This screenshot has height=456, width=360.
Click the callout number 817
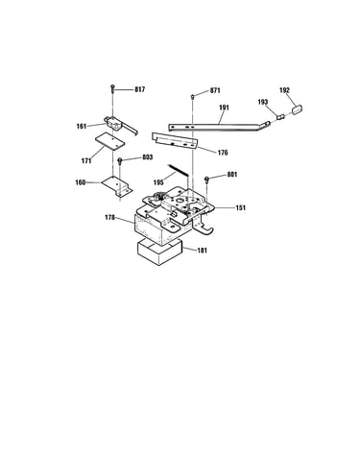tap(139, 89)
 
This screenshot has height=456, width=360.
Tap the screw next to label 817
tap(112, 88)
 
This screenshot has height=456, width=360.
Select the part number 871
tap(215, 90)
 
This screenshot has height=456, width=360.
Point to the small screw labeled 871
tap(193, 96)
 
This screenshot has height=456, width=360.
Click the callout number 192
tap(284, 90)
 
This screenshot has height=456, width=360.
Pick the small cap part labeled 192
tap(297, 109)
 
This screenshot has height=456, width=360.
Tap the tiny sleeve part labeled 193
tap(280, 117)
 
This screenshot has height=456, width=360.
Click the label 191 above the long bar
tap(224, 108)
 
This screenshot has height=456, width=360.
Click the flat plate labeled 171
tap(109, 140)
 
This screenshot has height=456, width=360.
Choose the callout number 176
tap(223, 153)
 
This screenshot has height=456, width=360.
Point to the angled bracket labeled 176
tap(175, 141)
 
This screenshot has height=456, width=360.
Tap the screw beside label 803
tap(120, 161)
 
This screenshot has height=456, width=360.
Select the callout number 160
tap(81, 182)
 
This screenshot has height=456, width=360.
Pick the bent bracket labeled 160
tap(117, 186)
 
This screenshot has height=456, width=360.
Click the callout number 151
tap(240, 208)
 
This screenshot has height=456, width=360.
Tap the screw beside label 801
tap(207, 180)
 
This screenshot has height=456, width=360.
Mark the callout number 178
tap(109, 218)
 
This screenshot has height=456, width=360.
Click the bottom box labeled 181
tap(159, 252)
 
